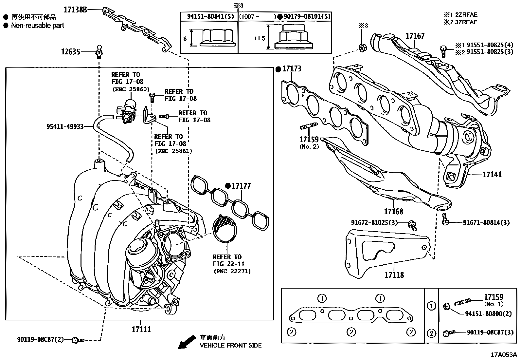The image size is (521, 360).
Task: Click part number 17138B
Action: [75, 10]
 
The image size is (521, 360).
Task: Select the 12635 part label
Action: [70, 51]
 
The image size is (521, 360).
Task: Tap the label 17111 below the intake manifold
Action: [141, 329]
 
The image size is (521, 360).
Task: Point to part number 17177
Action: [241, 186]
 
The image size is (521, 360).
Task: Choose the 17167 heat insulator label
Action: [415, 36]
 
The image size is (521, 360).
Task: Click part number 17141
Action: [492, 175]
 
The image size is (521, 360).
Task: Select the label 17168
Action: [393, 211]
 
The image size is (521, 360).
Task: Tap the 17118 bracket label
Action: [394, 275]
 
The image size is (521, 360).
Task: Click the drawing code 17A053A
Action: [503, 355]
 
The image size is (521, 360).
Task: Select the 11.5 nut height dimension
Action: [259, 38]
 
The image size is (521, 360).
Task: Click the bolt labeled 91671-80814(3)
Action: [445, 220]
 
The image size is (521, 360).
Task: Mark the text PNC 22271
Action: [232, 271]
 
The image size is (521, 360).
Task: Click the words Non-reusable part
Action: [38, 25]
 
